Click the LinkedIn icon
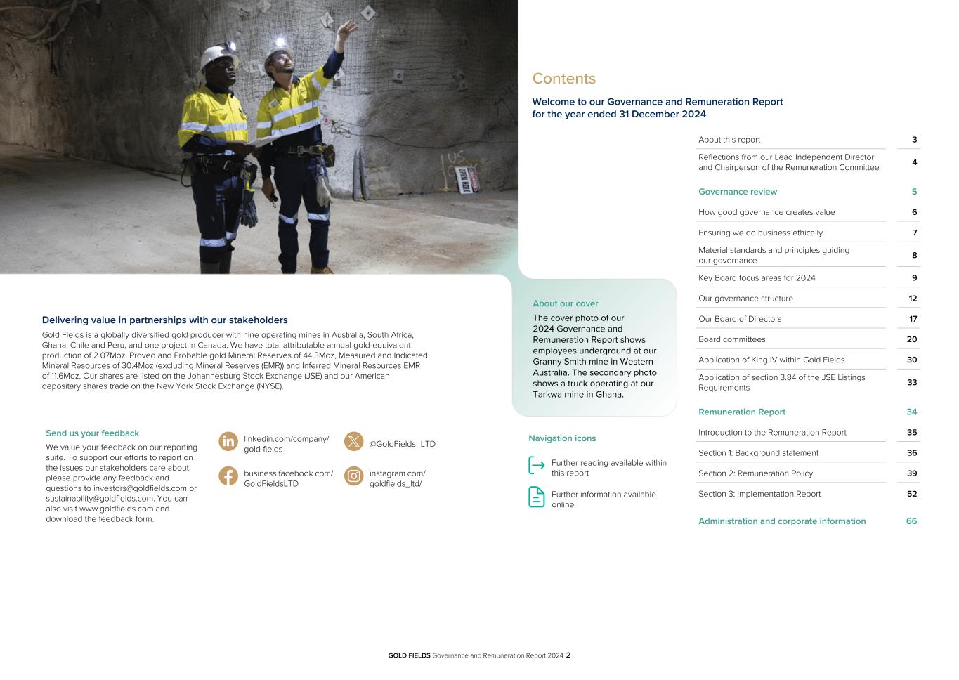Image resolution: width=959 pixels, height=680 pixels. click(x=228, y=441)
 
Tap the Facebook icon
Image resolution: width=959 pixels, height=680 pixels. click(x=228, y=476)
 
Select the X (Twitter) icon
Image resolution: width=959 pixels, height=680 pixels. click(x=354, y=441)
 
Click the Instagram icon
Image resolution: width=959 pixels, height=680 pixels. click(x=354, y=476)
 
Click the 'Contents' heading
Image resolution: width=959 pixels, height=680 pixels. click(x=563, y=79)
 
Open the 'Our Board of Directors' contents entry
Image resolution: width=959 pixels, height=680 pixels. click(x=739, y=319)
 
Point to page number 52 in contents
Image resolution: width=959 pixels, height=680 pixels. click(x=911, y=494)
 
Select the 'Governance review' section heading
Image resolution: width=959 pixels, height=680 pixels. click(x=737, y=192)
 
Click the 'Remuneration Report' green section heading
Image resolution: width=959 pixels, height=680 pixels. click(x=741, y=412)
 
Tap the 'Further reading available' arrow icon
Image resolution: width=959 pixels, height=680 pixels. click(x=537, y=465)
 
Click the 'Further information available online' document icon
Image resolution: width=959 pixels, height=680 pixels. click(x=537, y=497)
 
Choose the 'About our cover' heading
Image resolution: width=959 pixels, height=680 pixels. click(x=565, y=303)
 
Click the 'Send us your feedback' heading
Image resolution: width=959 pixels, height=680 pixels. click(x=92, y=433)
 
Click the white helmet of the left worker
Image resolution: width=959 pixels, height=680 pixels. click(x=215, y=57)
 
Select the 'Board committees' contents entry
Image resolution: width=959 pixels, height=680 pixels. click(x=731, y=339)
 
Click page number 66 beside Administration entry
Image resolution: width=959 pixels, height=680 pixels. click(x=911, y=521)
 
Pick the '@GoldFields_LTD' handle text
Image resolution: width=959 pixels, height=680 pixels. click(x=402, y=444)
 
